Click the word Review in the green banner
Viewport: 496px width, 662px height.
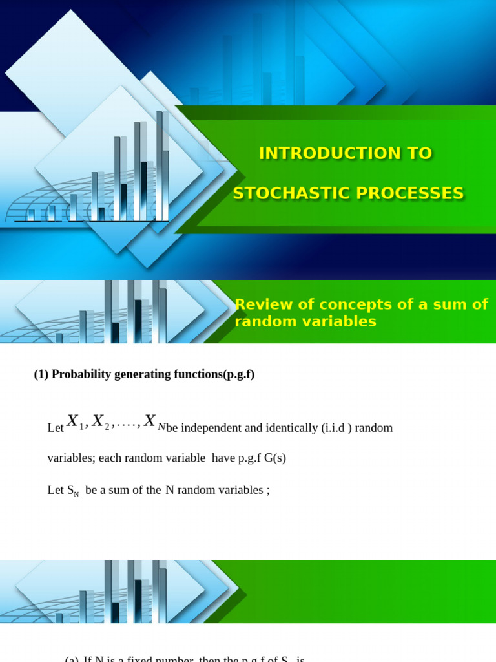(258, 304)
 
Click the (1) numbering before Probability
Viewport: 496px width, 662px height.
(41, 374)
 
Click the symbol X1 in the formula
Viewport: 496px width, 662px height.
(76, 422)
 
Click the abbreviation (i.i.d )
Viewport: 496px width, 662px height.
(336, 428)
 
